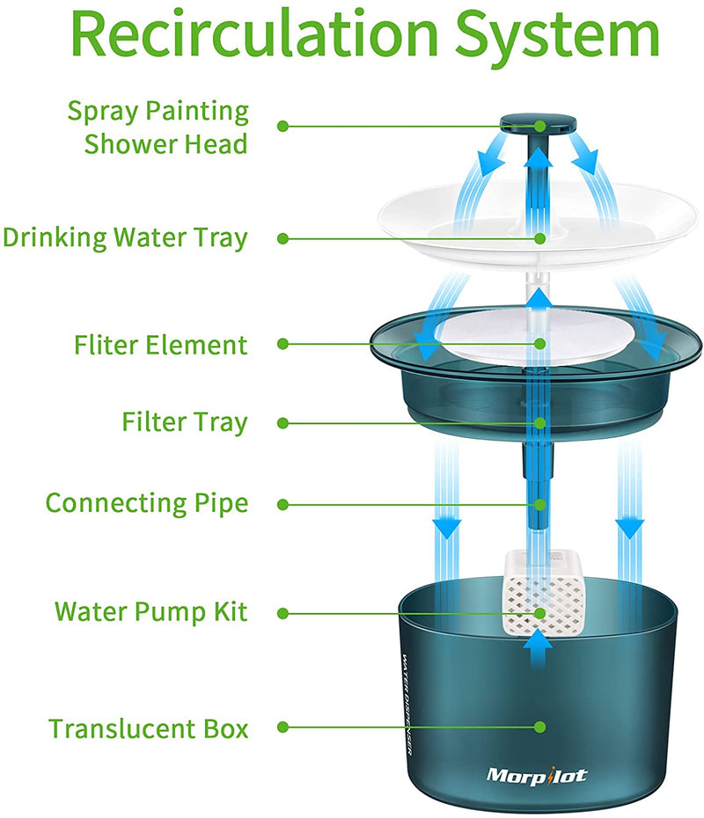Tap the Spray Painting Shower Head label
[158, 128]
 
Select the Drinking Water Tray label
[125, 237]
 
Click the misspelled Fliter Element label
[160, 345]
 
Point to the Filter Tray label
[185, 423]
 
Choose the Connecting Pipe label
[146, 504]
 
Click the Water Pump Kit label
[151, 611]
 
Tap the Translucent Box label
[148, 729]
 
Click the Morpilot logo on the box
[537, 775]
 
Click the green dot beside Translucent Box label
[282, 728]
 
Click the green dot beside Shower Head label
[282, 126]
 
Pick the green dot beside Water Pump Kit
[282, 610]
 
